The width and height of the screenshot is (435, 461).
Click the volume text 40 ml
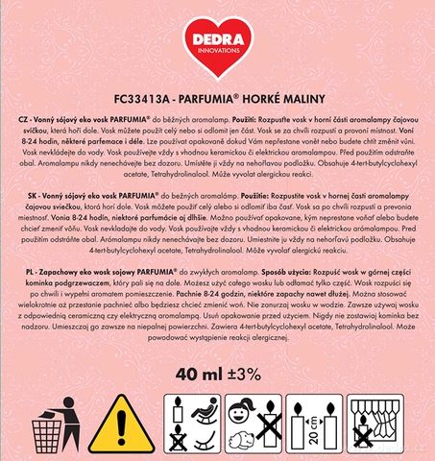tap(190, 372)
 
